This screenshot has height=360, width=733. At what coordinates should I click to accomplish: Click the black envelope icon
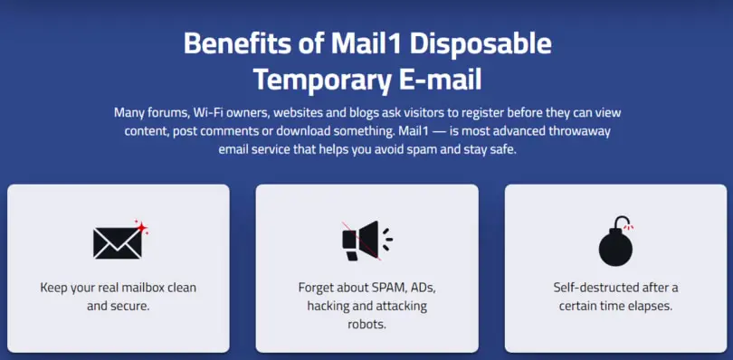(118, 243)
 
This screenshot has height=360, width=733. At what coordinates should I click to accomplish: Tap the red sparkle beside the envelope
(141, 227)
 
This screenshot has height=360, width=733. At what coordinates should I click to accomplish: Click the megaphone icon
(367, 241)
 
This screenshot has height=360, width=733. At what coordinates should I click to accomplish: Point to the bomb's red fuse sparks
(629, 226)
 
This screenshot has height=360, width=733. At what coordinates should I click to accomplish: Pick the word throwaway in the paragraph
(583, 131)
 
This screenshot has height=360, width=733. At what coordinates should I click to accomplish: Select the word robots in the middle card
(366, 324)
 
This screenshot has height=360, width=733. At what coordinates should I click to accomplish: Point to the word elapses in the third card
(652, 307)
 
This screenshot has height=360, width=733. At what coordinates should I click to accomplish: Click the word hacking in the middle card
(327, 307)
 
